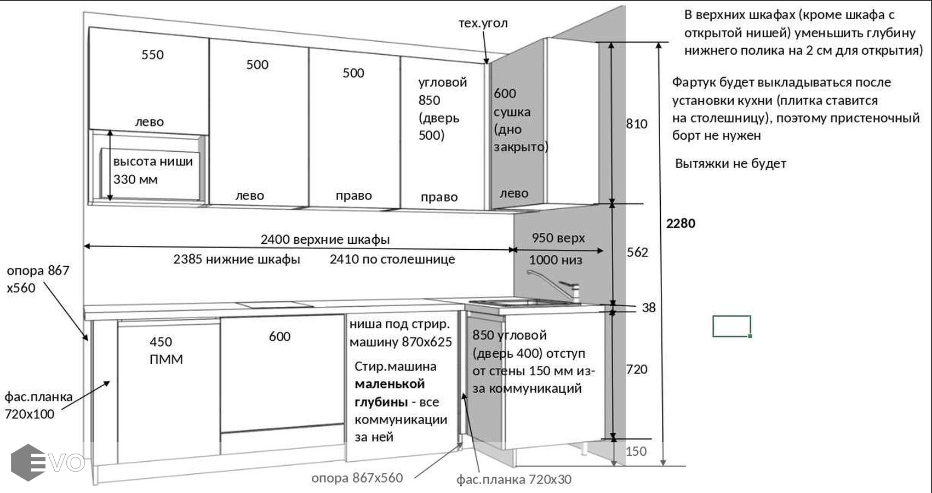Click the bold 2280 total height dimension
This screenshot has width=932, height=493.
(681, 223)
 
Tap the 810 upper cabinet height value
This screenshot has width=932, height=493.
(637, 124)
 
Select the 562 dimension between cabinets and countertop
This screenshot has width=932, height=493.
(637, 252)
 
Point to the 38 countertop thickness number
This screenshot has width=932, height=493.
(649, 308)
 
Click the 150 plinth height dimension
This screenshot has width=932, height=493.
(636, 451)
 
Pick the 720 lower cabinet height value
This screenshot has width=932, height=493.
(637, 369)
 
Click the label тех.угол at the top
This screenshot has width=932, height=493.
(483, 23)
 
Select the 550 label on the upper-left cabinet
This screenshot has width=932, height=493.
(152, 55)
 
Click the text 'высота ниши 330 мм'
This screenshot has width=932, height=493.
(153, 170)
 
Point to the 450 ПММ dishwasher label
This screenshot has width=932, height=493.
(165, 351)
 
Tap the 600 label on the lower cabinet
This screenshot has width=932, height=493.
(279, 336)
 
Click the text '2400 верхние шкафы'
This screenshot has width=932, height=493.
(325, 239)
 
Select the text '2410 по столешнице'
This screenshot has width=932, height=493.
(392, 259)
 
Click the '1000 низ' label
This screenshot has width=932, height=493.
(556, 260)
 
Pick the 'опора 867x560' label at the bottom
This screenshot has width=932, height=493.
(357, 478)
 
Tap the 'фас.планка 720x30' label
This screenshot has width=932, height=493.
(513, 479)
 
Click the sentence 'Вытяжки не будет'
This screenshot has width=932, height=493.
(730, 164)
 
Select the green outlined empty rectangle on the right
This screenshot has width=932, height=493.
(731, 326)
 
